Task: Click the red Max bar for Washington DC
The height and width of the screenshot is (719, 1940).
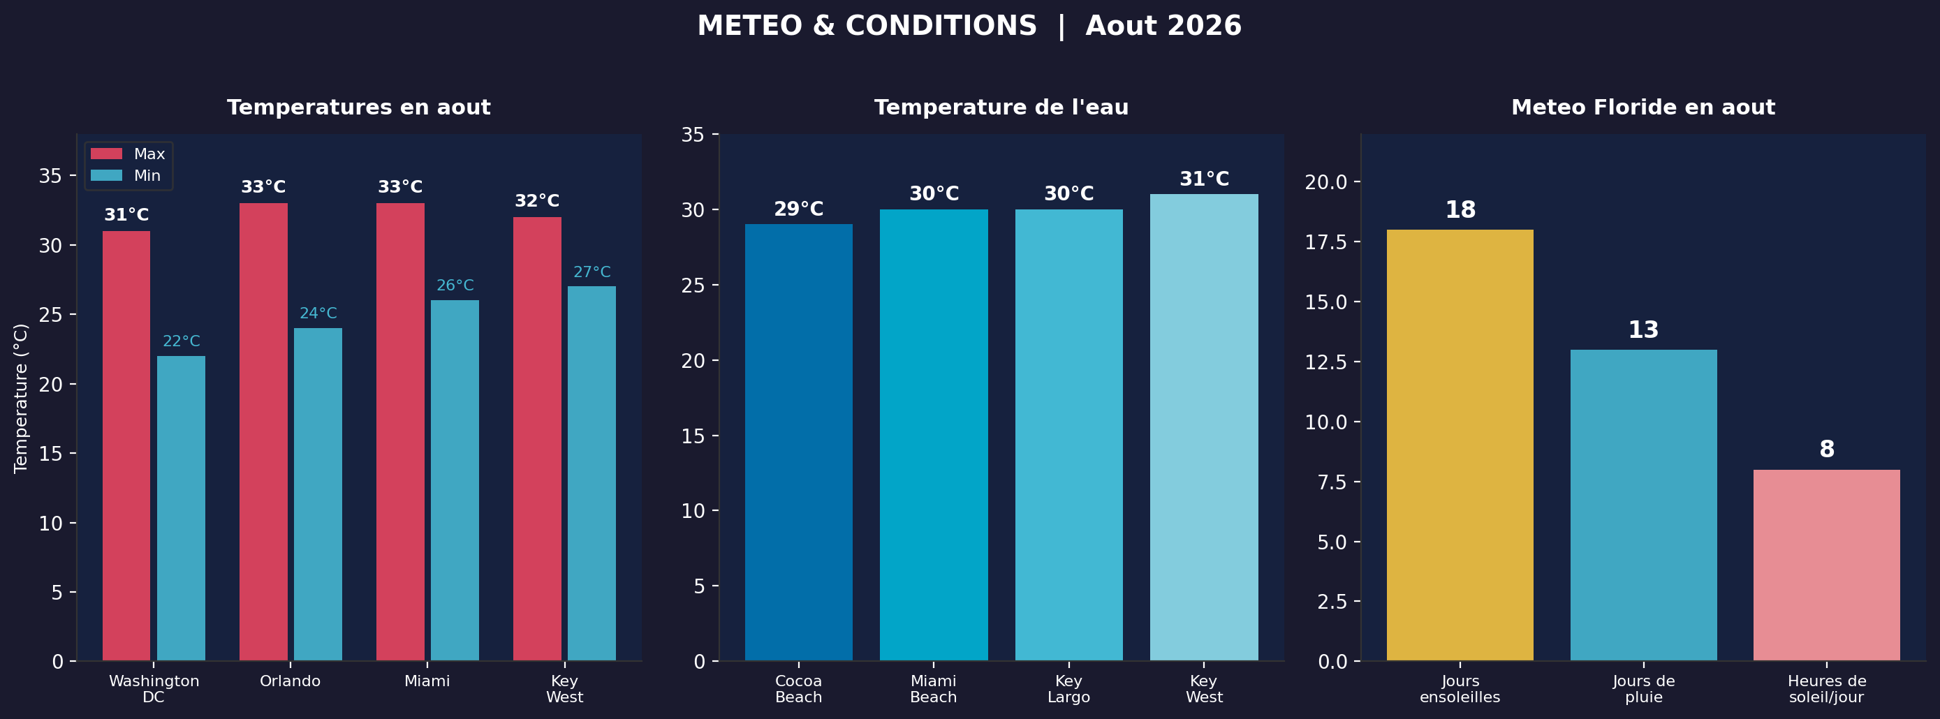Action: point(126,445)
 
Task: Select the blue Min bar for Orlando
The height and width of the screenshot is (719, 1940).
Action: point(317,494)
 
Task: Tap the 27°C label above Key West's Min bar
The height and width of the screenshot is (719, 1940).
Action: point(591,272)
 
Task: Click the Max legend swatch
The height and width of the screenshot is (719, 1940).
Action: point(106,154)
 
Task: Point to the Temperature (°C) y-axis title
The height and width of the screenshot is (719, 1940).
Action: point(21,397)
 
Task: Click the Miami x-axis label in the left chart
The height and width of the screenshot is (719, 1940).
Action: point(427,681)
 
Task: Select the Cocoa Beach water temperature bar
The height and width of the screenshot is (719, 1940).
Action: point(798,442)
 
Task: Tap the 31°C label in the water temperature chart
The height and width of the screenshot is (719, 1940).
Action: point(1203,179)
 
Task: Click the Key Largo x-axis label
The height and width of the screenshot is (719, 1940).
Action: point(1068,689)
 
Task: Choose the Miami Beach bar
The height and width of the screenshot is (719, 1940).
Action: point(933,434)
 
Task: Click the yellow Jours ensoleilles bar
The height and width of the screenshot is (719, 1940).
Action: point(1460,445)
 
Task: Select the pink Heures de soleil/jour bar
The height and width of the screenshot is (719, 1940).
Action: point(1826,565)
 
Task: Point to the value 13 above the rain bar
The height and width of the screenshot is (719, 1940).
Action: point(1643,329)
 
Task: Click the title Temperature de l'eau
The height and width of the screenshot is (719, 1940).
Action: point(1001,108)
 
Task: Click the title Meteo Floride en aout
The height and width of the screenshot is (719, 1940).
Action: point(1643,108)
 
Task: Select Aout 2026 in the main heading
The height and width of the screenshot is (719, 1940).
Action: point(1163,27)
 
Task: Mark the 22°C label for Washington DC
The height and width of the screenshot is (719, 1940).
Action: point(181,341)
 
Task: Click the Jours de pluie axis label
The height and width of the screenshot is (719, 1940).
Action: point(1643,689)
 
